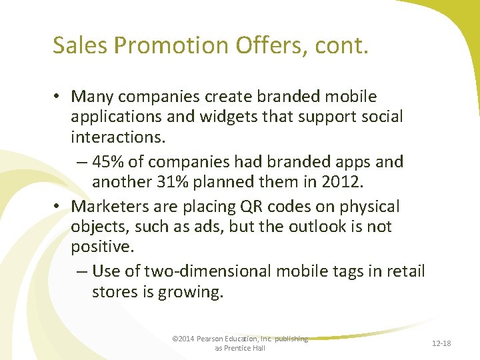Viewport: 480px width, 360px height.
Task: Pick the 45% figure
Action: point(110,161)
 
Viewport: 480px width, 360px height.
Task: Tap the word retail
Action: point(403,271)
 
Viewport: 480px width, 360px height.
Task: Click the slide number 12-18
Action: point(441,343)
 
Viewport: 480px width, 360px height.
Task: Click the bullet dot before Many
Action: point(59,97)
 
